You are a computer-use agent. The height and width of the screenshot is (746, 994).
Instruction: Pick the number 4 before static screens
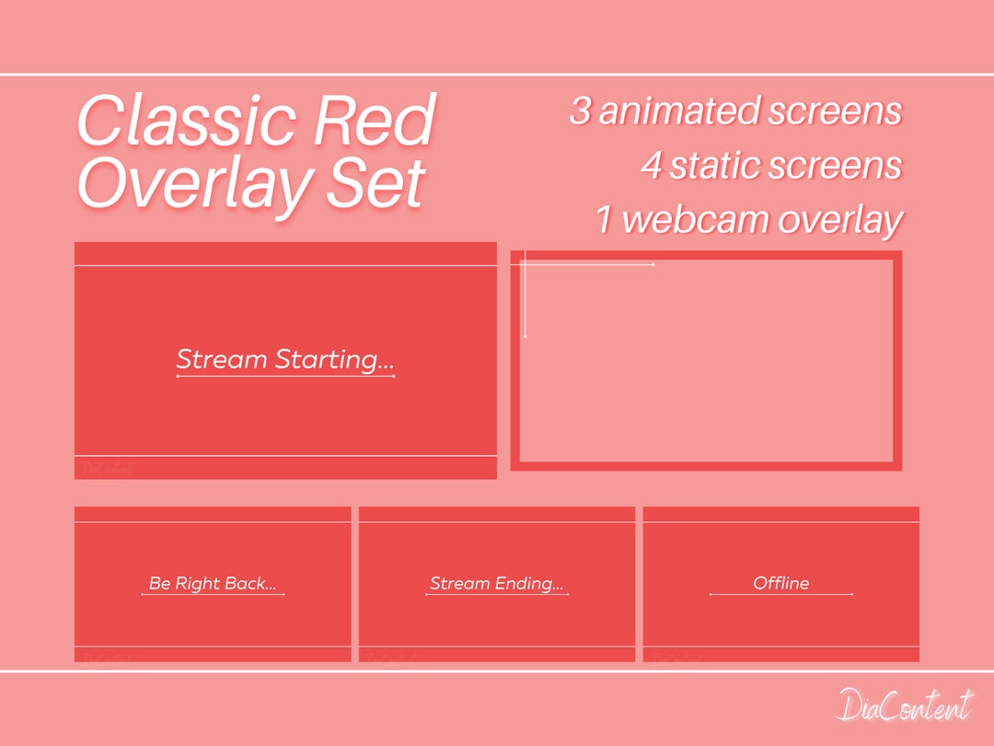coord(651,167)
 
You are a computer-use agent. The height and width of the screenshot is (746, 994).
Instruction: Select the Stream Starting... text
coord(285,359)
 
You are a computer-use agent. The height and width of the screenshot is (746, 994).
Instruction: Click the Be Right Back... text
coord(213,583)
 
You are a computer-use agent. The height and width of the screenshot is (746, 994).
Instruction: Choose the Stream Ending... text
coord(497,583)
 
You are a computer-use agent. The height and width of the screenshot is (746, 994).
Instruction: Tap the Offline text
coord(780,583)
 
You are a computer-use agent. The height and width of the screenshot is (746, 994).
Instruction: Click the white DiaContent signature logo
coord(904,706)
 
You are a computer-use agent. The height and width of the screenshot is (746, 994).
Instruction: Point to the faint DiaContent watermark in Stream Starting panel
coord(107,469)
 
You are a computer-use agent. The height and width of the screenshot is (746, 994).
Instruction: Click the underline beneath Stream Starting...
coord(285,377)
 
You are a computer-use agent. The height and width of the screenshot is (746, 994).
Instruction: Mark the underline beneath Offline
coord(780,595)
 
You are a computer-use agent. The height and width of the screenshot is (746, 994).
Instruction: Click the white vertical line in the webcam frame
coord(525,295)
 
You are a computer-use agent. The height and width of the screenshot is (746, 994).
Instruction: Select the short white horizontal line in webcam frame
coord(589,265)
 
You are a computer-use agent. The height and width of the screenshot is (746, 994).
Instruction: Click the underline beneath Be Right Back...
coord(213,595)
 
